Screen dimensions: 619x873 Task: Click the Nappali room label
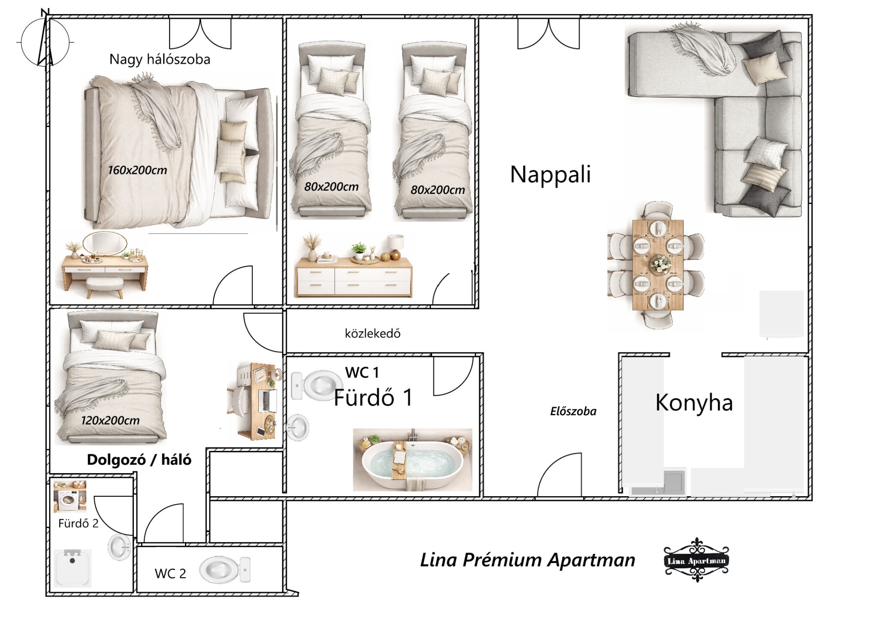(550, 174)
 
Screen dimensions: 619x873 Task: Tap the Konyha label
(694, 402)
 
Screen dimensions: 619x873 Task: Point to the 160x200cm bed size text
(137, 170)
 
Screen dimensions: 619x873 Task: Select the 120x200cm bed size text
(110, 420)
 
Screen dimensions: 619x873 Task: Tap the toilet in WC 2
(225, 570)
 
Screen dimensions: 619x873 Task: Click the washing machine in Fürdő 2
(69, 497)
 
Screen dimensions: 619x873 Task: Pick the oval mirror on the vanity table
(105, 243)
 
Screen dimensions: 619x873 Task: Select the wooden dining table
(658, 265)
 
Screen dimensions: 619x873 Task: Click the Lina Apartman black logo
(696, 560)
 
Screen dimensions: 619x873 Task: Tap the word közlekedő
(373, 333)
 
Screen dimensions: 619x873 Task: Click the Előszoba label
(573, 411)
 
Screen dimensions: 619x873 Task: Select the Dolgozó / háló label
(139, 460)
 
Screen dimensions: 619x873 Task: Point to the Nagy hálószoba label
(160, 59)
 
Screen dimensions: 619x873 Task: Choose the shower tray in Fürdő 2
(72, 567)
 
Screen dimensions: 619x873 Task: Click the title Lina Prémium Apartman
(527, 560)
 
